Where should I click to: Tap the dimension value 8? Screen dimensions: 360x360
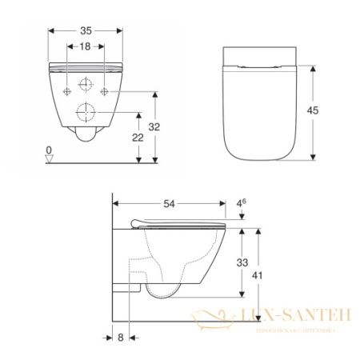point(120,338)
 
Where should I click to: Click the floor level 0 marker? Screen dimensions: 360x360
point(50,150)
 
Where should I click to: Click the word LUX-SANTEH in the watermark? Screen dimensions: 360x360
point(294,318)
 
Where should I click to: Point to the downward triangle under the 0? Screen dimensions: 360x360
point(50,159)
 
